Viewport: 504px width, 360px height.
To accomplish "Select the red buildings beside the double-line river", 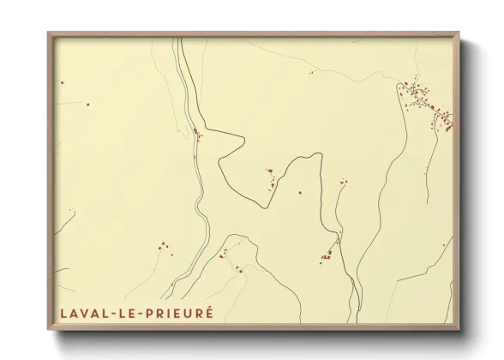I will [197, 133].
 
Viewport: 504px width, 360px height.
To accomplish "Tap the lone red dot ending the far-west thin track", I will [87, 105].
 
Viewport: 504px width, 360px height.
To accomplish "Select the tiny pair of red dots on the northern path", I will [311, 73].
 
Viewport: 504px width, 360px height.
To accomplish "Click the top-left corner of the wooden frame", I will [48, 33].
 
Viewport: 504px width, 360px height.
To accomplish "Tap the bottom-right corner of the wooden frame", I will [459, 329].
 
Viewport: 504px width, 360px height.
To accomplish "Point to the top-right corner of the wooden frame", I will [459, 33].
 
